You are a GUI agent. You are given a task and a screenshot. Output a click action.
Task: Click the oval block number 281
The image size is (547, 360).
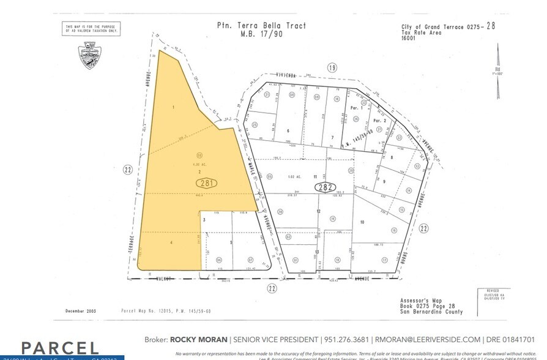click(x=206, y=182)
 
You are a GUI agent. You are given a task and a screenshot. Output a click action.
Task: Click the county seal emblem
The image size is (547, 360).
click(x=89, y=55)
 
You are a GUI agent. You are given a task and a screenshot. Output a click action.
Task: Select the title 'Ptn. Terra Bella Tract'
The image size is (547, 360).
click(x=261, y=26)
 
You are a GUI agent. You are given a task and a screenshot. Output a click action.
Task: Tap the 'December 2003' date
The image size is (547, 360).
click(x=81, y=311)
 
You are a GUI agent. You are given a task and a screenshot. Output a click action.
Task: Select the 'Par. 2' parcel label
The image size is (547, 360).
click(x=380, y=121)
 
